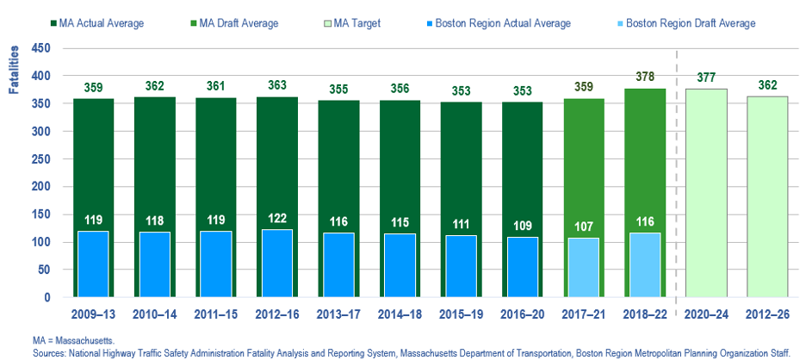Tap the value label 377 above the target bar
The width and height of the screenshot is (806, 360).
click(x=706, y=77)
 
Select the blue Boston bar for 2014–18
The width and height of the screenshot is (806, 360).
click(x=401, y=264)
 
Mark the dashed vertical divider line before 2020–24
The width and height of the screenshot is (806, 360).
click(x=676, y=172)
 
